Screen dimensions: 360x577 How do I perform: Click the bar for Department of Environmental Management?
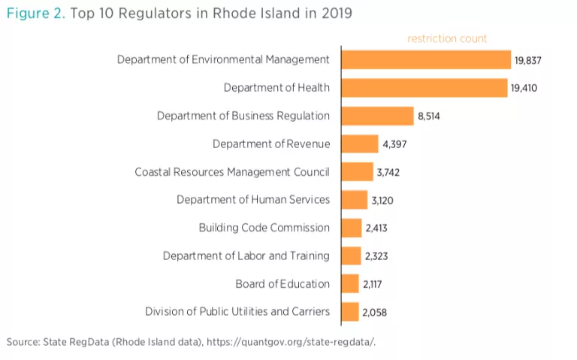(426, 60)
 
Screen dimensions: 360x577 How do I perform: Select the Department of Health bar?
(424, 88)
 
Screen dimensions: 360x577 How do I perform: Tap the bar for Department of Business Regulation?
(378, 116)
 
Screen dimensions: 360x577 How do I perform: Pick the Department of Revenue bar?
(360, 144)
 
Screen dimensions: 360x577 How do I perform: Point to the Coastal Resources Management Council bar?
(358, 172)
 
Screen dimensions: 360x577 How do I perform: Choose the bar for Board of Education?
(351, 284)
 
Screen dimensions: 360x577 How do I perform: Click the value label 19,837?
(528, 60)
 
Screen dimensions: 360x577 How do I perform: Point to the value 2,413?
(376, 228)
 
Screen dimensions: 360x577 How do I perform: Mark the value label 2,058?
(375, 312)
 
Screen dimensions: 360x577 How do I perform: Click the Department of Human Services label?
(252, 200)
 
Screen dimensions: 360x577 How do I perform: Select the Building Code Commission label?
(264, 228)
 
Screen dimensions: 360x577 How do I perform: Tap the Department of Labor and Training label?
(246, 256)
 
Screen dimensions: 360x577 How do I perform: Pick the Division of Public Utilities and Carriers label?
(237, 311)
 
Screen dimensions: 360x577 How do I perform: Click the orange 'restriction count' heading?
(447, 38)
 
